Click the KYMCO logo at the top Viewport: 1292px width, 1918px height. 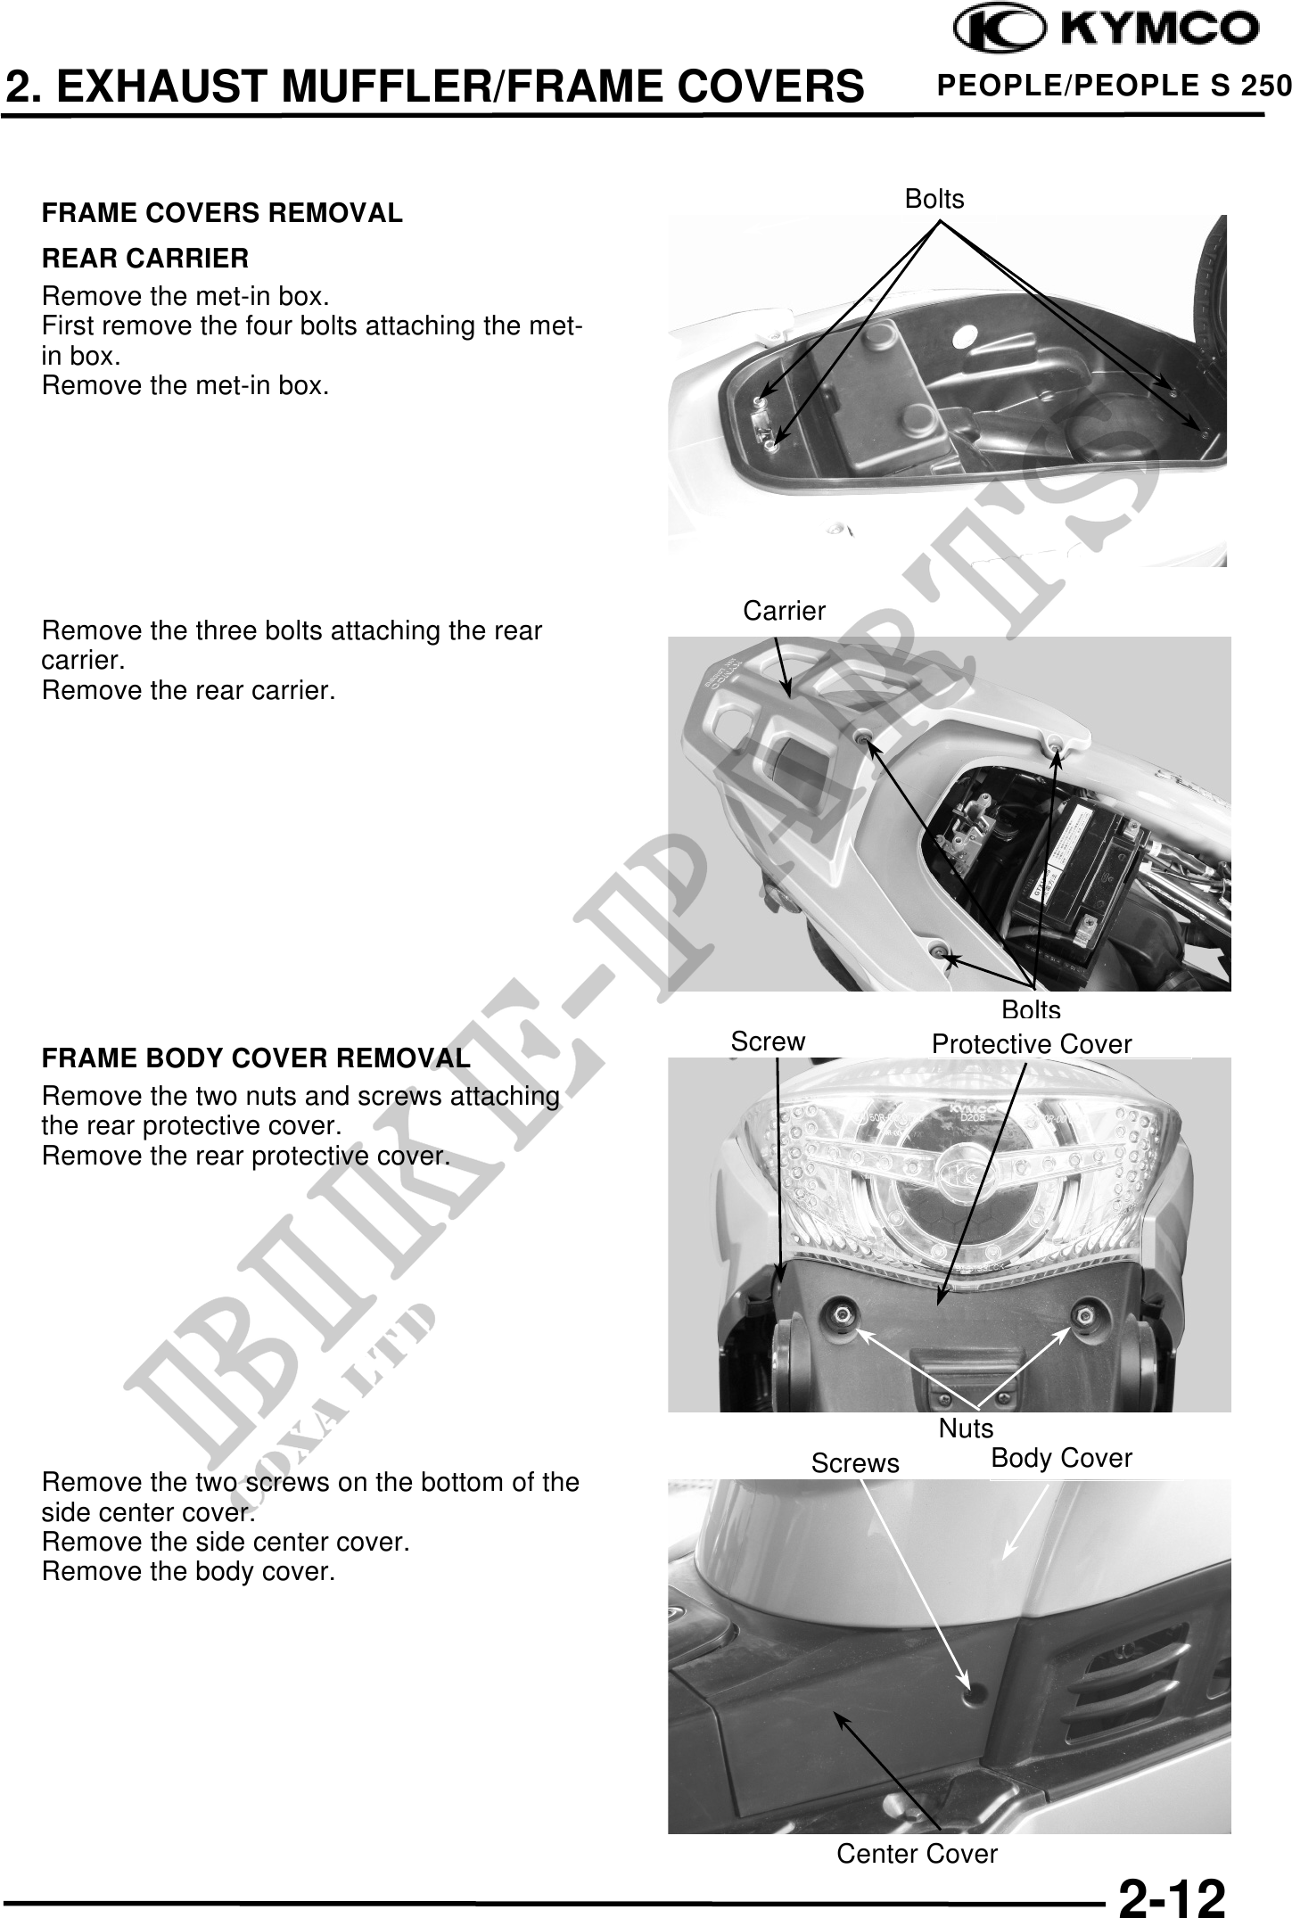click(1107, 30)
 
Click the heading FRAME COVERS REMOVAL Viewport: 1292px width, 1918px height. click(222, 214)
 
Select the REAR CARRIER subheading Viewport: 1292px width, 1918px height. click(145, 259)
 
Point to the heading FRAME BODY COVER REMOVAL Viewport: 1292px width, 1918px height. click(256, 1058)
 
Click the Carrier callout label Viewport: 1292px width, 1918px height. click(785, 611)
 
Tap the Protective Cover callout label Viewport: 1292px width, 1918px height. click(1032, 1044)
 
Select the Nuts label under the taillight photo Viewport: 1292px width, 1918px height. click(966, 1428)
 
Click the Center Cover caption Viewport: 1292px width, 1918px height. click(917, 1854)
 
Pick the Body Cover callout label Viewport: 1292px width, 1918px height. click(1061, 1458)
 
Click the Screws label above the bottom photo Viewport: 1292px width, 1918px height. click(855, 1463)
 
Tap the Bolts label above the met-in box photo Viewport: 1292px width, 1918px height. click(934, 199)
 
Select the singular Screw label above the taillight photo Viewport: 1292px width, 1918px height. click(768, 1041)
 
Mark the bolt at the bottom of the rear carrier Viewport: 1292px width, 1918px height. click(938, 951)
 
